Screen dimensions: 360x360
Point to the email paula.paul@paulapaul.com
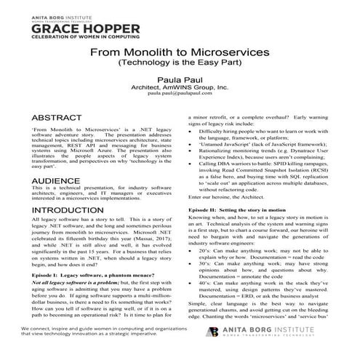(x=179, y=94)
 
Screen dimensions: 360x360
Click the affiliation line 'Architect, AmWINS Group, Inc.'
(x=179, y=87)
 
